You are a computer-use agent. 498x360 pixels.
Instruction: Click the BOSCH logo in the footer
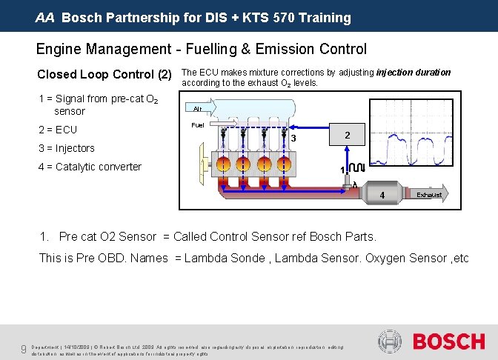coord(449,342)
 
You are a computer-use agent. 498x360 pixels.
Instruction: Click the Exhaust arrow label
coord(429,195)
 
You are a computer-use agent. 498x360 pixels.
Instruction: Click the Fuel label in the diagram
coord(198,125)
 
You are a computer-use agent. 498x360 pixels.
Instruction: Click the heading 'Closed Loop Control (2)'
coord(104,75)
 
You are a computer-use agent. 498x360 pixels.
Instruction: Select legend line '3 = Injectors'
coord(66,148)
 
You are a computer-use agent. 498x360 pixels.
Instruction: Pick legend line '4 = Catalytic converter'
coord(89,167)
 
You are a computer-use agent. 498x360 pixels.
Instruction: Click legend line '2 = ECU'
coord(57,130)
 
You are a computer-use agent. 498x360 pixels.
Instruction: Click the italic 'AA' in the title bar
coord(45,17)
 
